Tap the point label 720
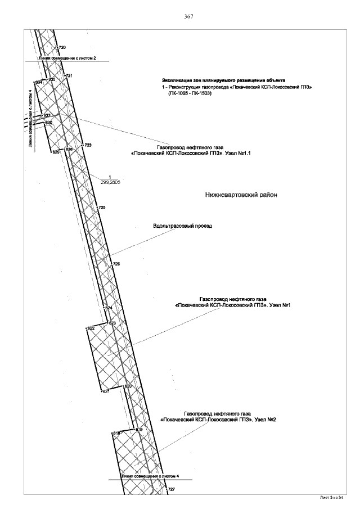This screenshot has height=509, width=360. [x=62, y=48]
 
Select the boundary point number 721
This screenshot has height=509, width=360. [x=69, y=75]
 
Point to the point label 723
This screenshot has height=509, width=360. [x=88, y=145]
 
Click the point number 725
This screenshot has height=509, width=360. [x=102, y=208]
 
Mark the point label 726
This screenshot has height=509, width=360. [x=116, y=264]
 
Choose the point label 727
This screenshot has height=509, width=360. [x=172, y=490]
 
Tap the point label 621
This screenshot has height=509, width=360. [x=105, y=391]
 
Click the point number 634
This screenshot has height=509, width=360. [x=39, y=82]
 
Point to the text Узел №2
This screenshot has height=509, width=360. [x=265, y=420]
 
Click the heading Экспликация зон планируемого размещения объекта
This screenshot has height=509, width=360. [x=224, y=80]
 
